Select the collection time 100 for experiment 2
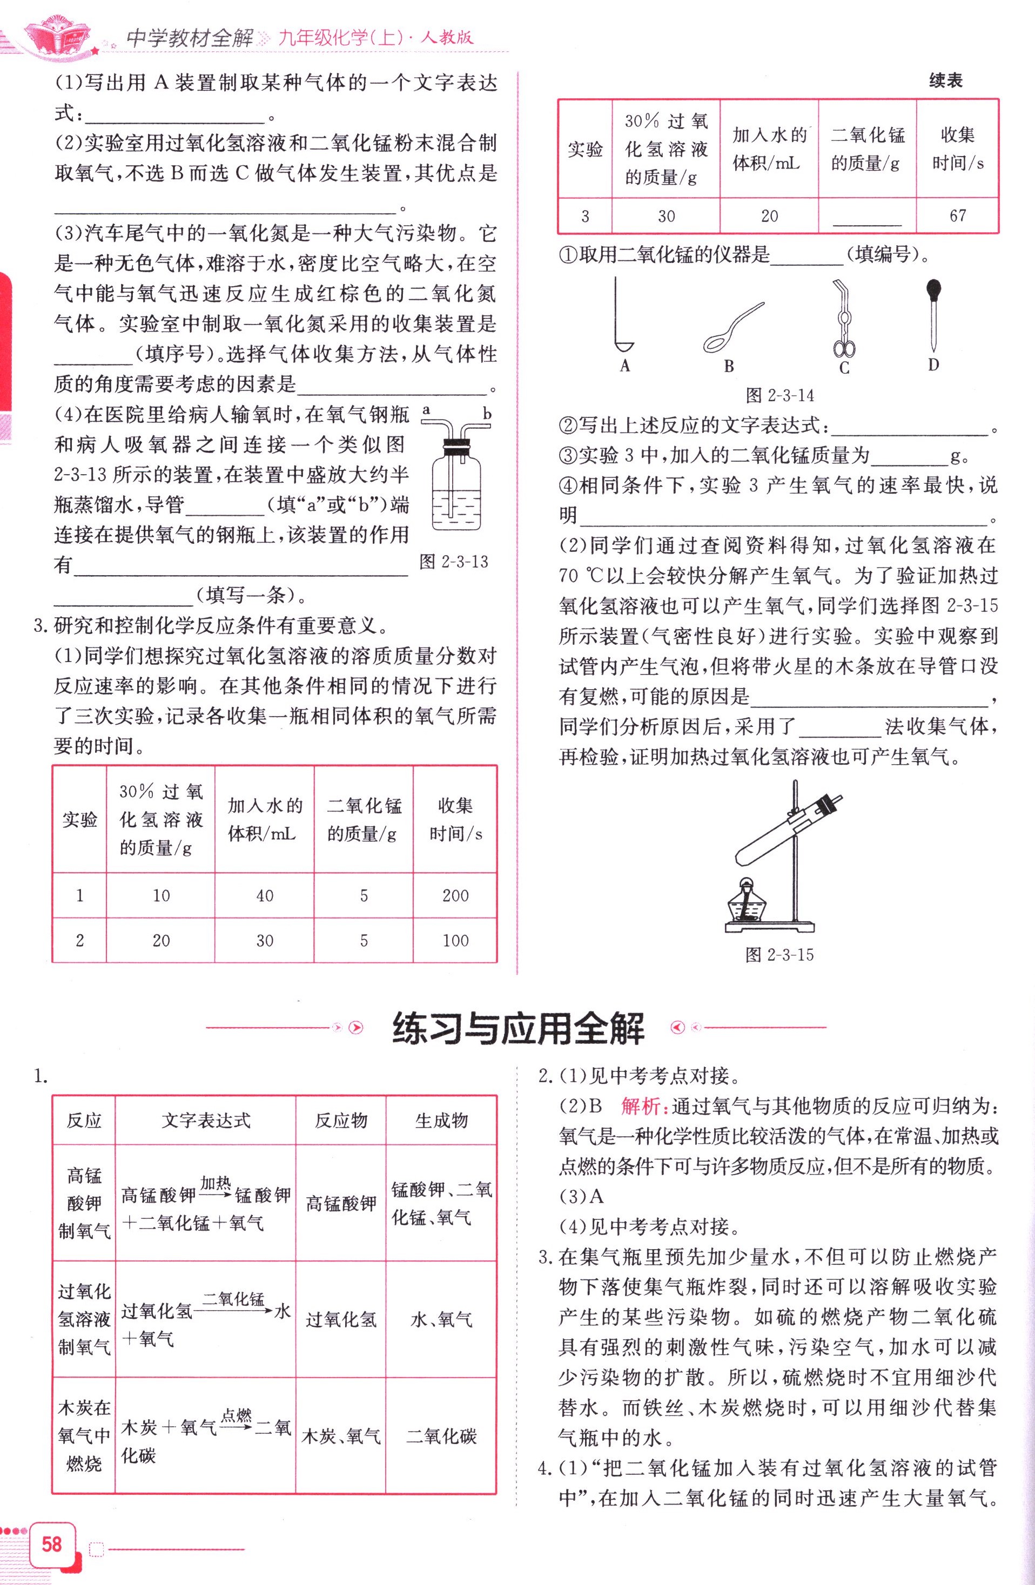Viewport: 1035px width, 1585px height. click(x=455, y=940)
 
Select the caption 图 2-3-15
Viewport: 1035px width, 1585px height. click(x=779, y=955)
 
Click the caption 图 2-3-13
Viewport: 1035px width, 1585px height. click(x=454, y=562)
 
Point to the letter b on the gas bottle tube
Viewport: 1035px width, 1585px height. click(x=487, y=414)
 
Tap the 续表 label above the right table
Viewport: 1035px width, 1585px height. click(x=945, y=81)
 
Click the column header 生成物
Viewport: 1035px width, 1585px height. click(x=441, y=1121)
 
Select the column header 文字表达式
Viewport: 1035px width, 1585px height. click(x=206, y=1121)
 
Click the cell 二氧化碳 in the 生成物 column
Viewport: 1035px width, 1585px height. click(x=441, y=1436)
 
